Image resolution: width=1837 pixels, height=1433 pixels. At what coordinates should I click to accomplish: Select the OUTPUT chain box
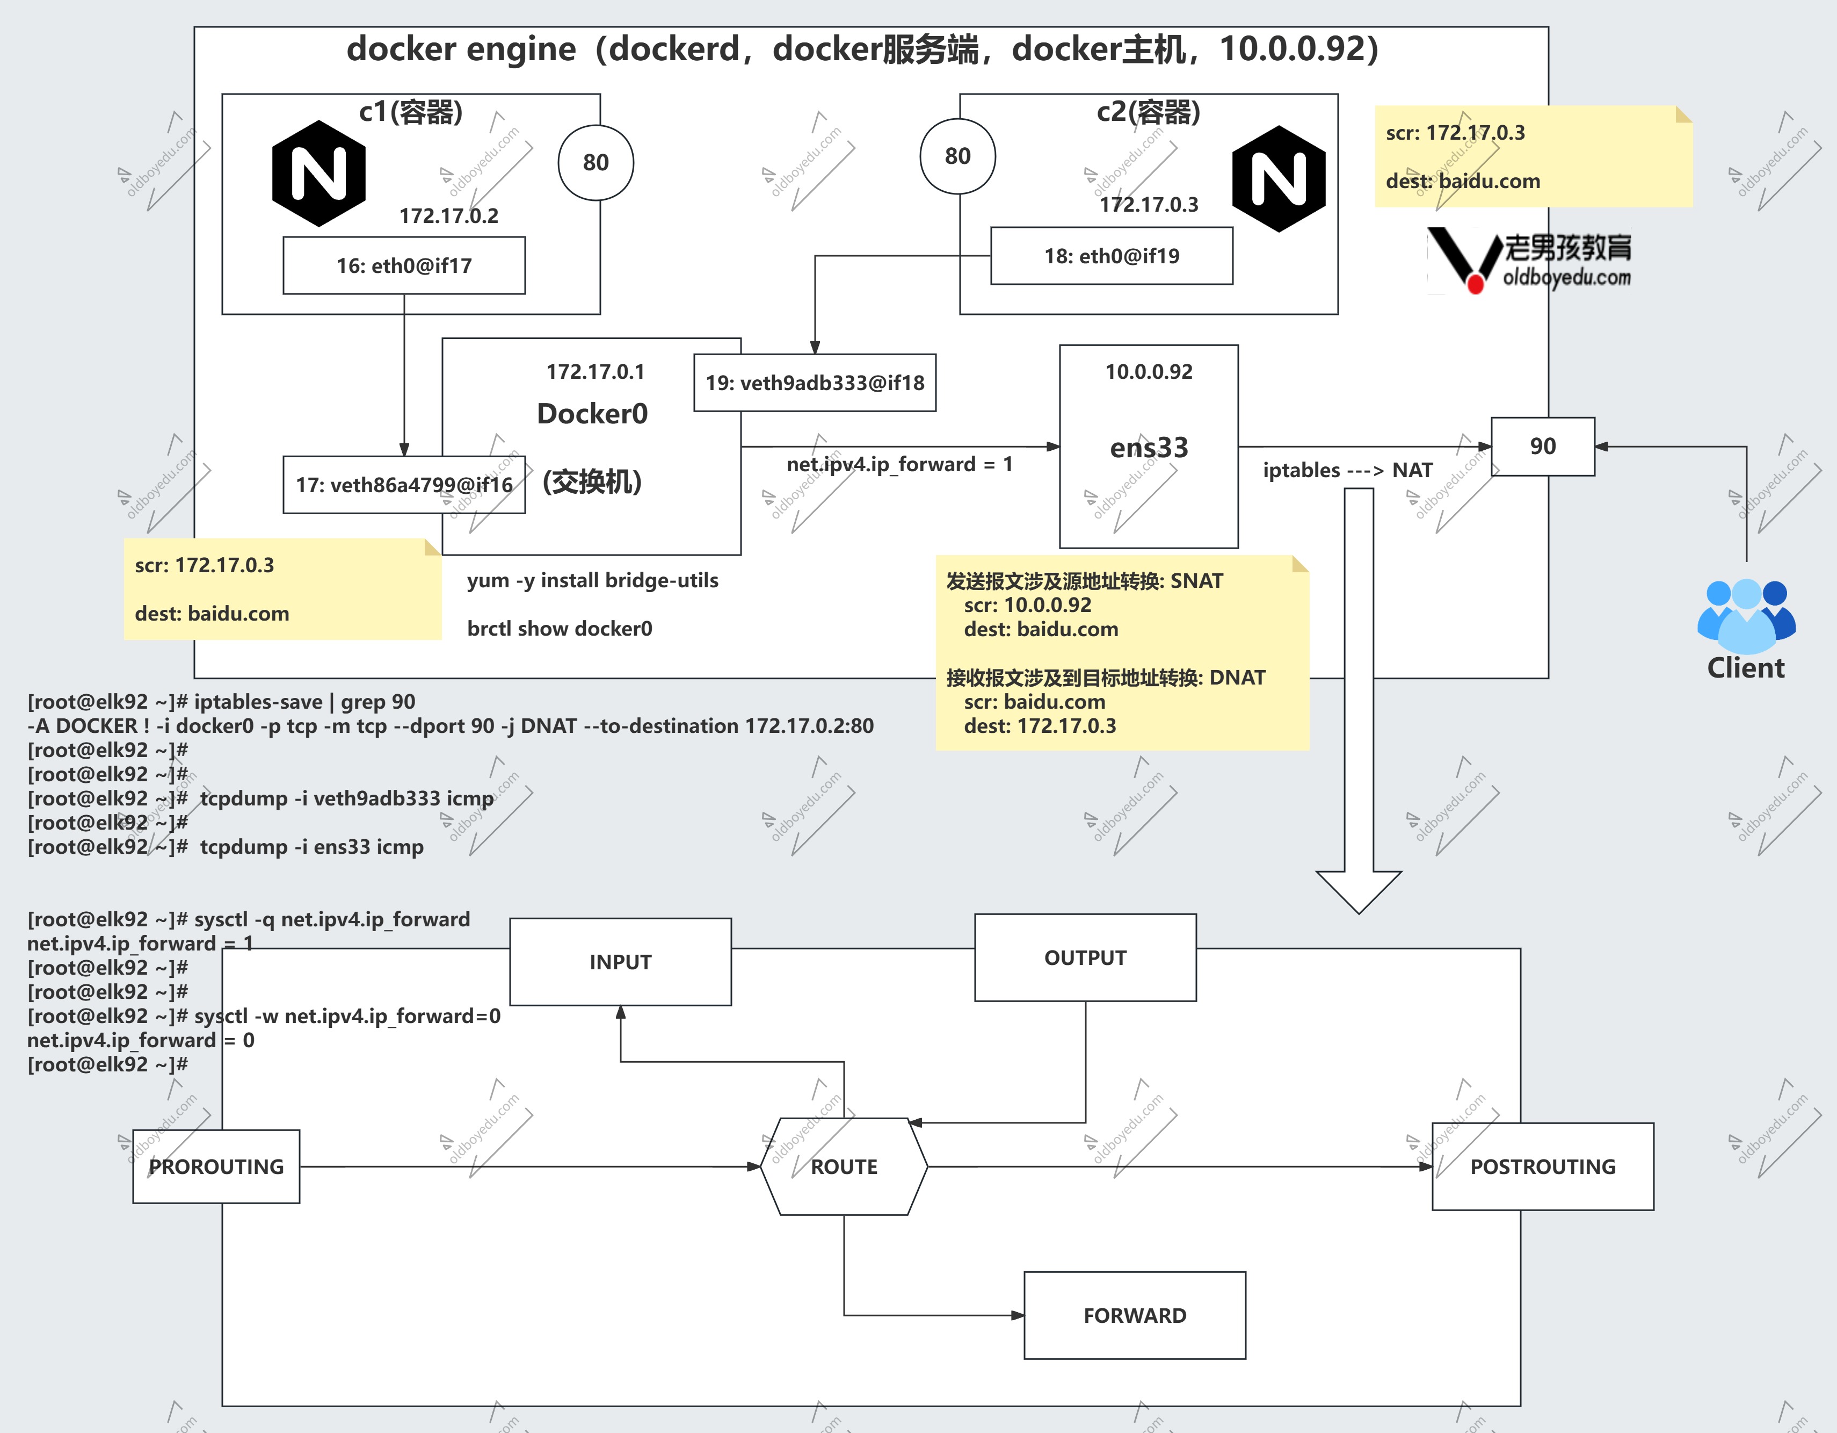[x=1085, y=957]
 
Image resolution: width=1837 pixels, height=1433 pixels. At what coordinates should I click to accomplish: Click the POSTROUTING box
[x=1543, y=1166]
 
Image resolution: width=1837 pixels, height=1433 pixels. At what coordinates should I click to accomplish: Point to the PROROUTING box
[x=216, y=1166]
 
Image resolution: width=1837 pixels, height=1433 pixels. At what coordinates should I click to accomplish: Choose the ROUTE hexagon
[x=844, y=1166]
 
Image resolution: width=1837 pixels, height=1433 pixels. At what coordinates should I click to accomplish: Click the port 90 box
[x=1543, y=446]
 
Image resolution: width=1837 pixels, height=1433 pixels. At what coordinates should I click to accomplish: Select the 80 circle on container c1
[x=596, y=162]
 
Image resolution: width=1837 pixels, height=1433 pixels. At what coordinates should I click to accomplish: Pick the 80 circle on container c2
[x=957, y=156]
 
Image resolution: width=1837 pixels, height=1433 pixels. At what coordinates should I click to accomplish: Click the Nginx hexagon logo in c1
[x=319, y=174]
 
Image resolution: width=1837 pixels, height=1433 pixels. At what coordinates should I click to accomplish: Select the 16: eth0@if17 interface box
[x=404, y=265]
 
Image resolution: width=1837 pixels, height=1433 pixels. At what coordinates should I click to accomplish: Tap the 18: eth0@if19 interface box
[x=1111, y=256]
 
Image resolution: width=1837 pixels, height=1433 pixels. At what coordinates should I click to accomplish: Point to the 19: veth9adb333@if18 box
[x=814, y=383]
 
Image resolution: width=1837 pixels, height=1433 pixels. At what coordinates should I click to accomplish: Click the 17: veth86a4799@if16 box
[x=404, y=485]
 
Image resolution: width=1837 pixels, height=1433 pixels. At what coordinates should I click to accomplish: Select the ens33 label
[x=1149, y=447]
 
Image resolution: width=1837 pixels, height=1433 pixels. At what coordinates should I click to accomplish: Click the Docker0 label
[x=592, y=413]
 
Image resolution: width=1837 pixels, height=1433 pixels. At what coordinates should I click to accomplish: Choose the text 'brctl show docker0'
[x=560, y=629]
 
